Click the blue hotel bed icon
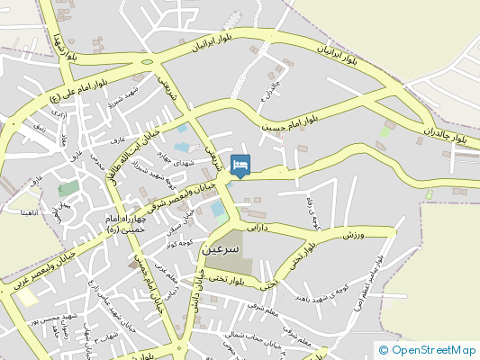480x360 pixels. [x=240, y=165]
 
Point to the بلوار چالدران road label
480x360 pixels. [x=446, y=135]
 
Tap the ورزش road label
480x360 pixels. [x=358, y=234]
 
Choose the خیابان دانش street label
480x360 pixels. [x=192, y=297]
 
